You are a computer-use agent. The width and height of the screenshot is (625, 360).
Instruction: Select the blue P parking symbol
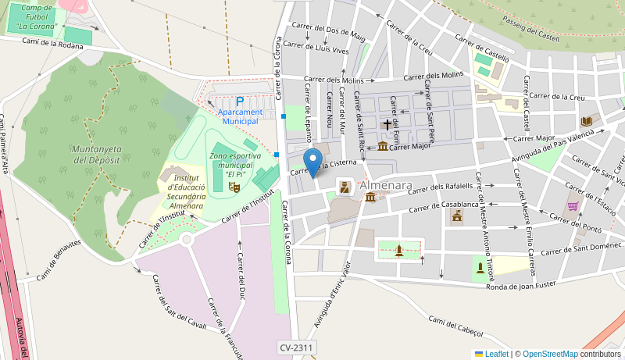click(x=240, y=102)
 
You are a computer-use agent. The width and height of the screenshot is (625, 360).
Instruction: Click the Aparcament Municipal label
click(x=240, y=116)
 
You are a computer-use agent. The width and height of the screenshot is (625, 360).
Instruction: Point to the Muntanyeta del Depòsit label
click(x=95, y=154)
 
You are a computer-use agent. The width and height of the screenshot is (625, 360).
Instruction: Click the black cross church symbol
click(x=387, y=124)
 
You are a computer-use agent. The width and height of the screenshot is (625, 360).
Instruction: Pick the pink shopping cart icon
click(x=573, y=206)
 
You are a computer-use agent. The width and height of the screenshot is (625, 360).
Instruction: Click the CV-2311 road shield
click(x=296, y=347)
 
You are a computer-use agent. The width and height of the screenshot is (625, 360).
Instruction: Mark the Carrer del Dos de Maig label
click(x=329, y=34)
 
